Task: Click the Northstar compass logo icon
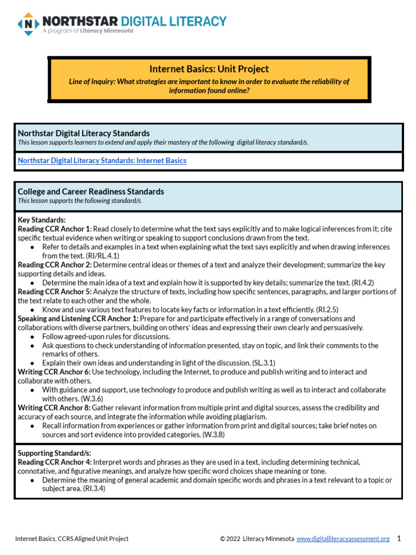(x=28, y=24)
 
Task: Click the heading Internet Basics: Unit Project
(x=209, y=69)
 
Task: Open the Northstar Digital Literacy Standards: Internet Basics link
(x=102, y=160)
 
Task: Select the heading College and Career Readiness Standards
(x=91, y=191)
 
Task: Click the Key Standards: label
(x=42, y=220)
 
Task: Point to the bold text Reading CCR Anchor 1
(x=54, y=229)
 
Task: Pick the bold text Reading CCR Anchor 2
(x=54, y=264)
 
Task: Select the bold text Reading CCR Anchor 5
(x=54, y=292)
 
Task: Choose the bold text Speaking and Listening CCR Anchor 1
(x=78, y=319)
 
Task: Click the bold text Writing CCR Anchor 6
(x=54, y=372)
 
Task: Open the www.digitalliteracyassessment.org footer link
(x=343, y=538)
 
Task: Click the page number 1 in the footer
(x=399, y=538)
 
